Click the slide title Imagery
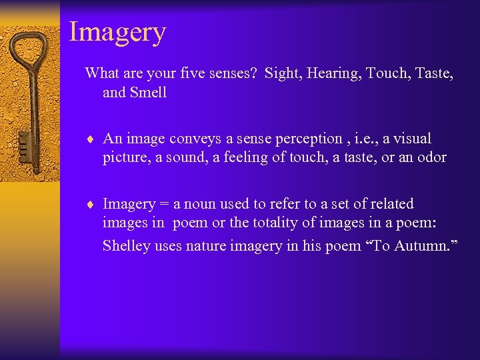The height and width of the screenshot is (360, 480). click(117, 32)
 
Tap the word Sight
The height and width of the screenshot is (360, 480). click(281, 73)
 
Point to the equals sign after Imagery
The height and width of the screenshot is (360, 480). click(162, 204)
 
